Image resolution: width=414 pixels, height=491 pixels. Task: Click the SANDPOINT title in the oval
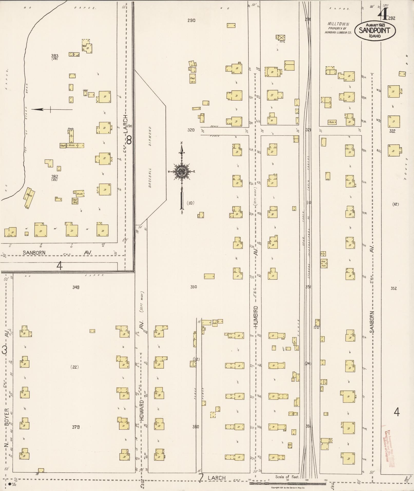374,31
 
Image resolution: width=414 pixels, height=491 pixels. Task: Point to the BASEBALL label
150,178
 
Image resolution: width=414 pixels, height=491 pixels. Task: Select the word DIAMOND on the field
150,136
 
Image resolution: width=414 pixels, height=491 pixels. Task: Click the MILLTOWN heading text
335,24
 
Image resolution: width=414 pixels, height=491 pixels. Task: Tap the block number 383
55,55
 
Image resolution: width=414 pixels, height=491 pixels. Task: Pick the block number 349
76,287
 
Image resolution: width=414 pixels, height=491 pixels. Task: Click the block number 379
76,427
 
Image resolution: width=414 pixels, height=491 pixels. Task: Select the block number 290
191,21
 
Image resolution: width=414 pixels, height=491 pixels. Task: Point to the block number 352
394,288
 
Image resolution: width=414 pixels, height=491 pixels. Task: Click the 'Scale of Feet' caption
287,477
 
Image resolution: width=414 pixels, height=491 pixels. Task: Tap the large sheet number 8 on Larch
129,140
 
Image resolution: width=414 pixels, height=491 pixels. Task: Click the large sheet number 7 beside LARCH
201,478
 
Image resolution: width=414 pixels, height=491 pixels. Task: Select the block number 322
392,131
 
